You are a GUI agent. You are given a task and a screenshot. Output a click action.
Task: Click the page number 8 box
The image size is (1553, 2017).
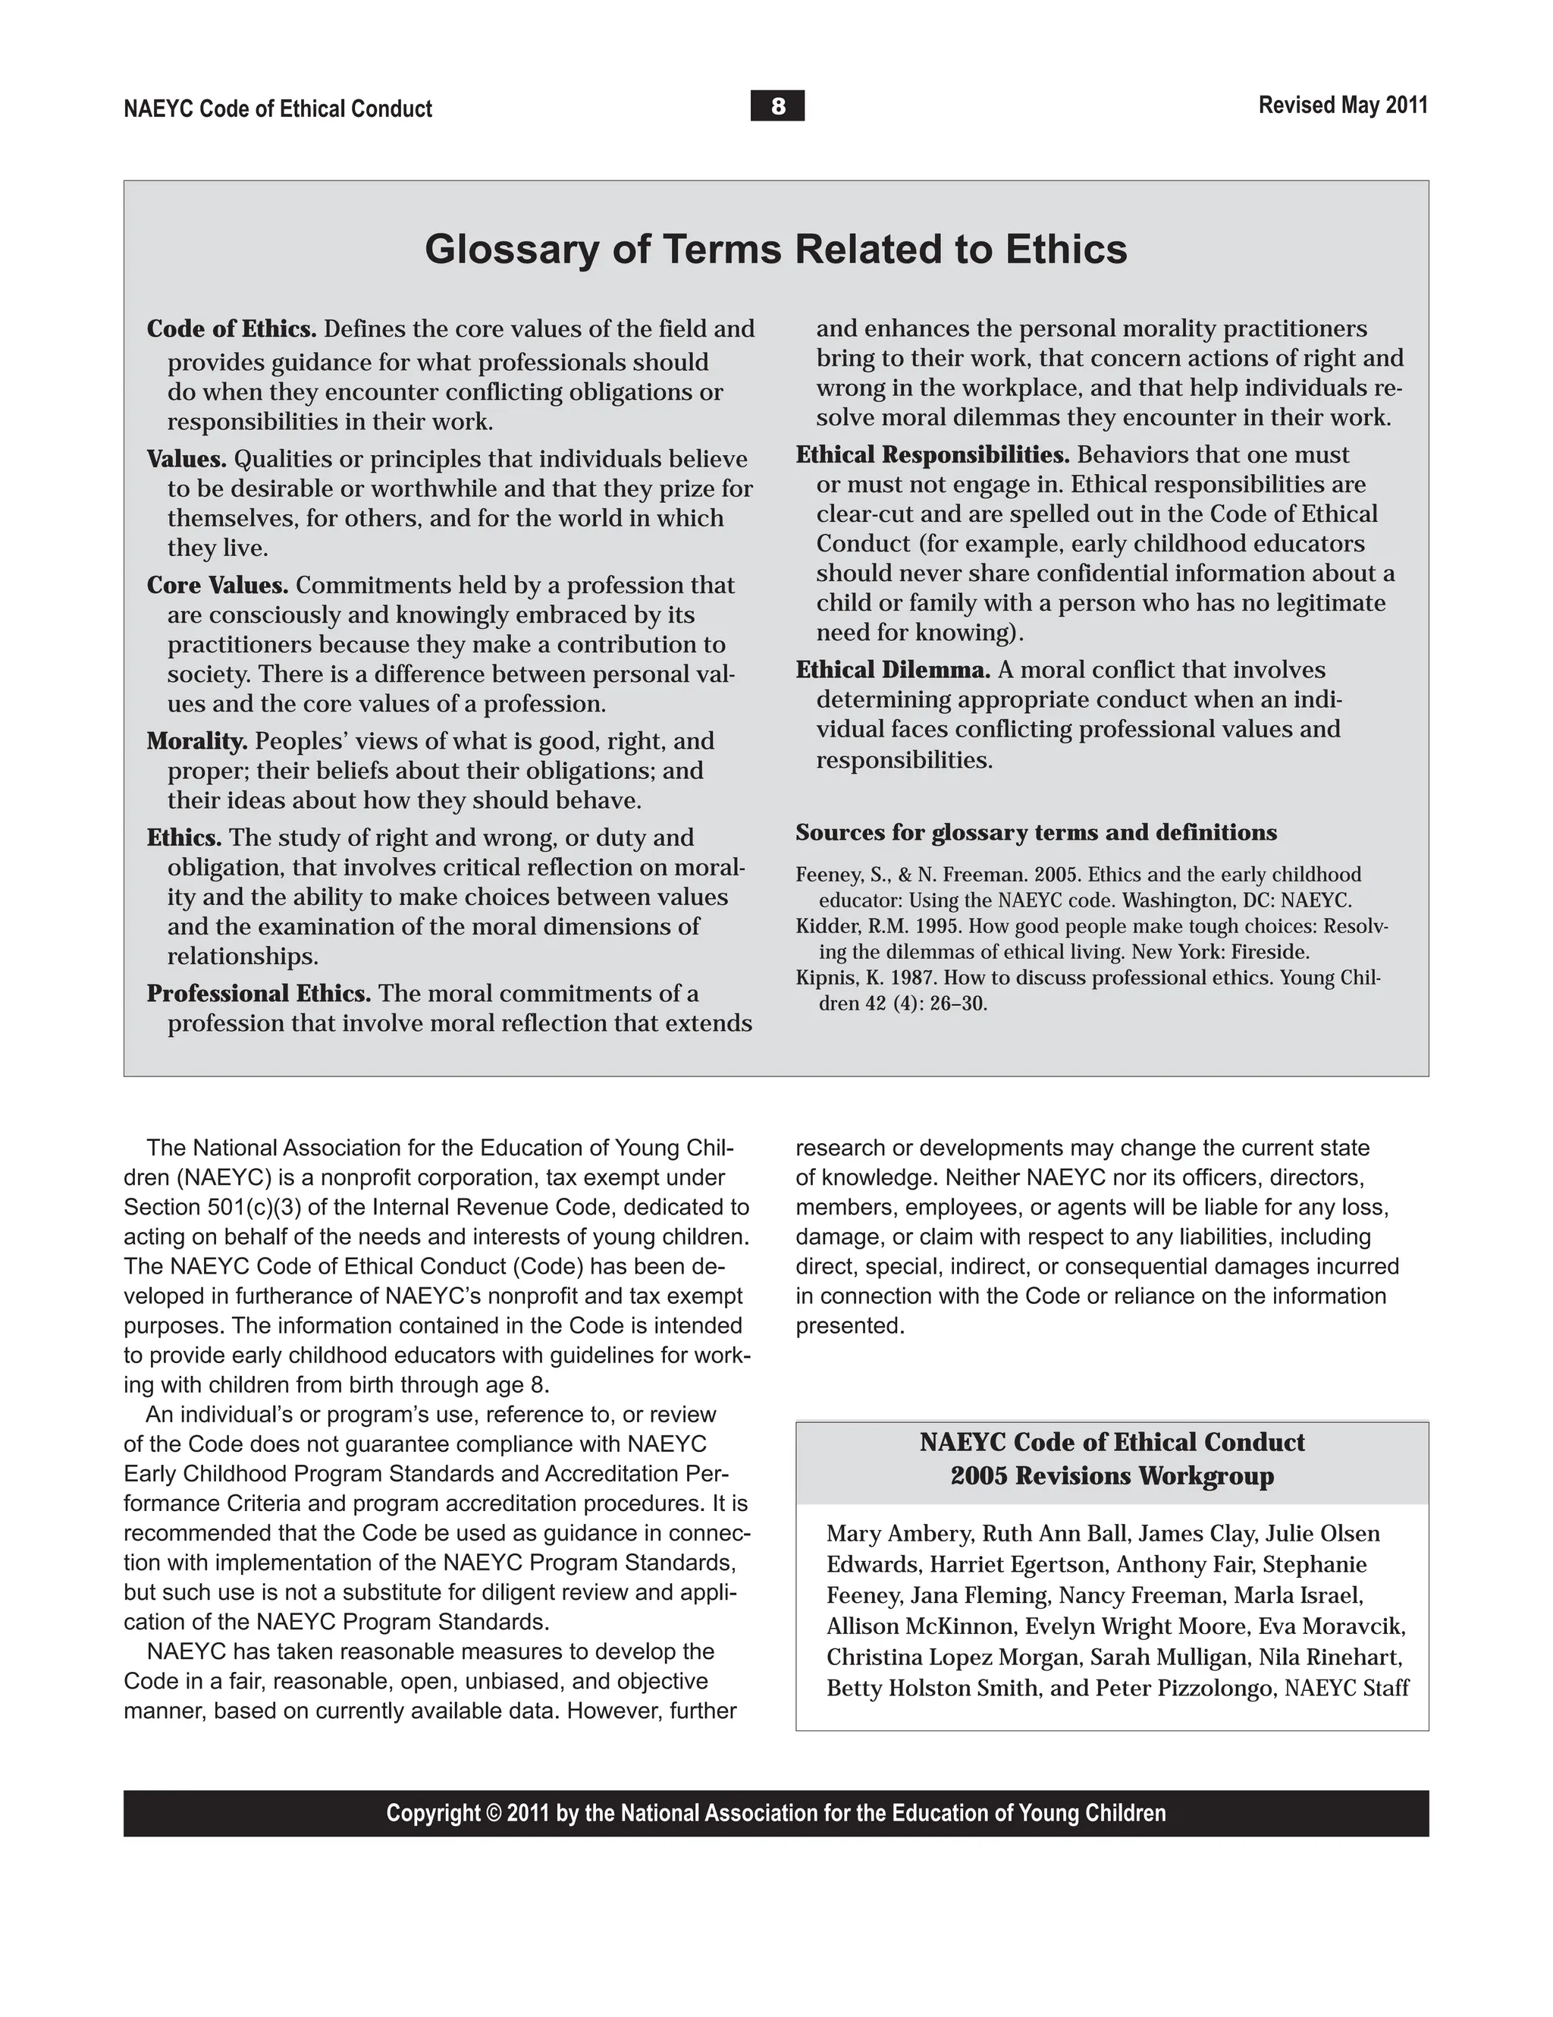pyautogui.click(x=776, y=106)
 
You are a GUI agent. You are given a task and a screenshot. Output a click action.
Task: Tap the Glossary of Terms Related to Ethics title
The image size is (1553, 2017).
pyautogui.click(x=776, y=250)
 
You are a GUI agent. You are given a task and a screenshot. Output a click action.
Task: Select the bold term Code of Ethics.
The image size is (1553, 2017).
pyautogui.click(x=231, y=328)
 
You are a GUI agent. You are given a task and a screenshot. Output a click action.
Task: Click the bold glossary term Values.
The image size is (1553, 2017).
pyautogui.click(x=187, y=459)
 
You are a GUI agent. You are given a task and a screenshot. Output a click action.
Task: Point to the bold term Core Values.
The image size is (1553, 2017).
pyautogui.click(x=217, y=586)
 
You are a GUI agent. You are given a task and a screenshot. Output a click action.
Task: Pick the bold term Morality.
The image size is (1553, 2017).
pyautogui.click(x=196, y=740)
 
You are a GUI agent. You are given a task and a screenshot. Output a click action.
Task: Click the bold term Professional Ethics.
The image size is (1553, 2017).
pyautogui.click(x=259, y=994)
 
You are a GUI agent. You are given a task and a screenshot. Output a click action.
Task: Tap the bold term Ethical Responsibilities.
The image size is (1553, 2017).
pyautogui.click(x=933, y=455)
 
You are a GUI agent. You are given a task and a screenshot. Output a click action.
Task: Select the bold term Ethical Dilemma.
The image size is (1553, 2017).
pyautogui.click(x=893, y=671)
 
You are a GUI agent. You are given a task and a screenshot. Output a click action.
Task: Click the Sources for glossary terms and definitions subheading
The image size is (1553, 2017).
pyautogui.click(x=1036, y=833)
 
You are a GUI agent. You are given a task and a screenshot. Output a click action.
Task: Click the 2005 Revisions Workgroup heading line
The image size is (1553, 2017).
pyautogui.click(x=1112, y=1476)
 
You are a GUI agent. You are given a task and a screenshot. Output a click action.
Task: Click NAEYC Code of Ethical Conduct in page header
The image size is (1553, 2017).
pyautogui.click(x=278, y=109)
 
